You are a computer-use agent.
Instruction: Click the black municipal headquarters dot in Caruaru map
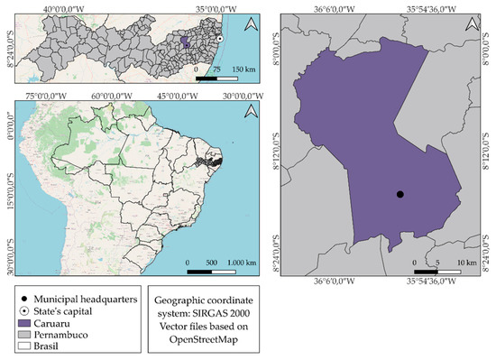(400, 194)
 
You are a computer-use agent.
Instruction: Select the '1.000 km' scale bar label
(240, 262)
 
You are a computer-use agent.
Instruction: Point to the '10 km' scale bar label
(467, 262)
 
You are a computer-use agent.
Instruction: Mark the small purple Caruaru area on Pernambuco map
(186, 42)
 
